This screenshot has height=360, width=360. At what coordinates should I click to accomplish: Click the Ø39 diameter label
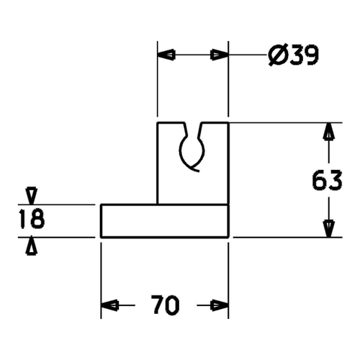[293, 55]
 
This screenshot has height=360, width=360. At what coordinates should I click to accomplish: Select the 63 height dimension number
[328, 180]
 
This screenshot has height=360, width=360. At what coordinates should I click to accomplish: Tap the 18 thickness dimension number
[32, 219]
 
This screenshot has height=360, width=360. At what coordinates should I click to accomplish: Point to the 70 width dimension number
[166, 305]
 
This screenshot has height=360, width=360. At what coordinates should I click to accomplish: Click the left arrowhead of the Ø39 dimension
[166, 55]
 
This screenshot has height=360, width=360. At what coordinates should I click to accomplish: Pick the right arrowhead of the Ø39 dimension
[220, 55]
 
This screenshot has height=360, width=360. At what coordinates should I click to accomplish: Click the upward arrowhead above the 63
[328, 131]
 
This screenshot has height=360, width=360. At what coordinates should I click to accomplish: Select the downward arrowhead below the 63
[328, 229]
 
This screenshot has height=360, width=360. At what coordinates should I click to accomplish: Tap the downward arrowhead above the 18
[32, 196]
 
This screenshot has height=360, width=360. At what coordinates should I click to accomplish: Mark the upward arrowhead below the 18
[32, 246]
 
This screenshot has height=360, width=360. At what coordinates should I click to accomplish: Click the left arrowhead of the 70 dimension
[109, 305]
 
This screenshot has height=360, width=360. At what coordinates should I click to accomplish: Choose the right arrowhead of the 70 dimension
[220, 305]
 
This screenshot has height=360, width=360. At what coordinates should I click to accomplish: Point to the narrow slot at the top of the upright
[193, 130]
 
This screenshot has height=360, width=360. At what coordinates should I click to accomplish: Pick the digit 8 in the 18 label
[37, 219]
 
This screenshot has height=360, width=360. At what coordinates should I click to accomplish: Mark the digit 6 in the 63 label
[320, 180]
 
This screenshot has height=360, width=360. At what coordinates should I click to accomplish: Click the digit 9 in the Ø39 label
[311, 55]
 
